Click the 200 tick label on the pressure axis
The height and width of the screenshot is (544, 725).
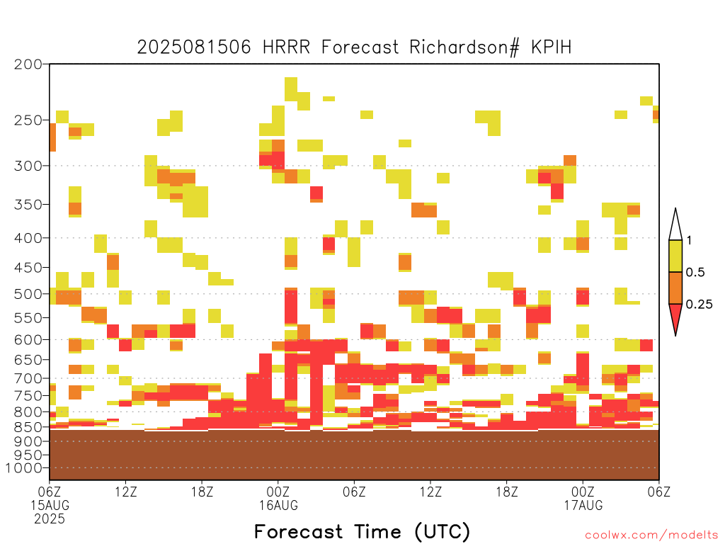[x=28, y=64]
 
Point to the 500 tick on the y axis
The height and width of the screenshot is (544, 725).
[x=28, y=294]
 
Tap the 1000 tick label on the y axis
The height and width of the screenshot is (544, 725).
[x=23, y=468]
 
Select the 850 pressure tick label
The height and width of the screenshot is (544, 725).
[x=28, y=427]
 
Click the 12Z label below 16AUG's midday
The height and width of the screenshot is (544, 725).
[x=430, y=492]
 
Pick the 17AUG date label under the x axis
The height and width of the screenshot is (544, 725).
[x=583, y=505]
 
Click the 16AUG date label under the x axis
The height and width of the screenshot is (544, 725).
[x=278, y=505]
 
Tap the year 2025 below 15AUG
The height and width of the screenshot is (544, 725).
[x=50, y=518]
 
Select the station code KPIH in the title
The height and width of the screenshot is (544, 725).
[x=551, y=47]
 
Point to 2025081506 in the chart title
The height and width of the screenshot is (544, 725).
[x=194, y=47]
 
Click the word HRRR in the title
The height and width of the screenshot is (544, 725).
[x=286, y=47]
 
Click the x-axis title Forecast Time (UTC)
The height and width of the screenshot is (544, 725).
[x=362, y=531]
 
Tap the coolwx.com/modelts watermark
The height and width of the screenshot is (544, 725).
[x=653, y=535]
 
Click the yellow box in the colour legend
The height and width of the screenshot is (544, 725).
[x=675, y=256]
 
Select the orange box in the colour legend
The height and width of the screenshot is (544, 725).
[x=675, y=288]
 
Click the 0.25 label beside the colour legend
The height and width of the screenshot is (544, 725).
[x=699, y=305]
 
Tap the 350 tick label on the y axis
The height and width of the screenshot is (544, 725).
[x=28, y=205]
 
